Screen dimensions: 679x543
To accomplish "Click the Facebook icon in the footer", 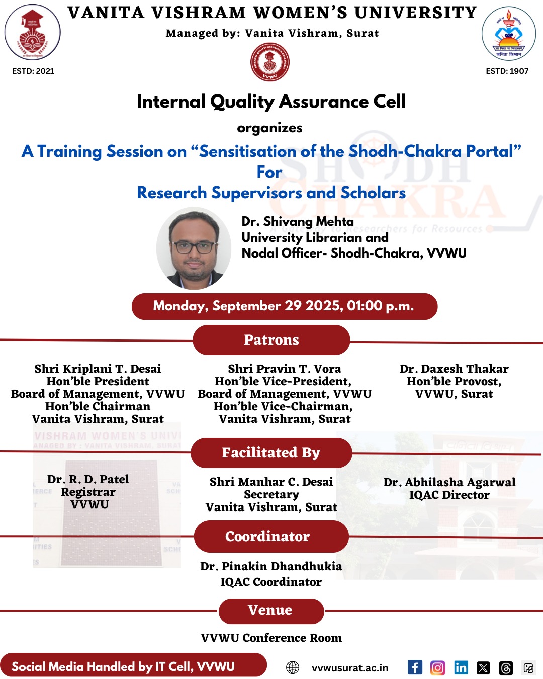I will coord(415,667).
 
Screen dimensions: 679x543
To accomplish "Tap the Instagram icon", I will coord(438,667).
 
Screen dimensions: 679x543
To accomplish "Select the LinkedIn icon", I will coord(461,667).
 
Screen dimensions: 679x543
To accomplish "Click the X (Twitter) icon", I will coord(483,667).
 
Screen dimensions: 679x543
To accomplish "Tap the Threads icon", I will coord(506,668).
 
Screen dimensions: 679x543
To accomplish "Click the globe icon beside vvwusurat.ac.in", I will coord(293,667).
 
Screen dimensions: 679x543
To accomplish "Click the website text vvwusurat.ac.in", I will coord(350,668).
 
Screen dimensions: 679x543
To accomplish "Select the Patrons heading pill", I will coord(271,340).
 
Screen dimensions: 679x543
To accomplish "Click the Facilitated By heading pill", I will coord(271,453).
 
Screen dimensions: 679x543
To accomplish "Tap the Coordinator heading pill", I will coord(271,536).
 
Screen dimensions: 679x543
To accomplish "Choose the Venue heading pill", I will coord(271,611).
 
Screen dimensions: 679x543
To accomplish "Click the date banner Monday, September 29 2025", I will coord(284,306).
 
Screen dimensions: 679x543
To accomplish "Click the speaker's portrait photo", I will coord(194,248).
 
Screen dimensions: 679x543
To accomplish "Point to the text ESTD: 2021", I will coord(33,71).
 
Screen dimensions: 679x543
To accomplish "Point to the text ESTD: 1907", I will coord(507,71).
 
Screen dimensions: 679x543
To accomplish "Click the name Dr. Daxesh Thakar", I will coord(454,369).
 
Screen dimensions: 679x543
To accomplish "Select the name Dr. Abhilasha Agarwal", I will coord(449,482).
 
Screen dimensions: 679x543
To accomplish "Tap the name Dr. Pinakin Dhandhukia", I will coord(271,566).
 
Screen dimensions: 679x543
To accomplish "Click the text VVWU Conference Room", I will coord(271,638).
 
